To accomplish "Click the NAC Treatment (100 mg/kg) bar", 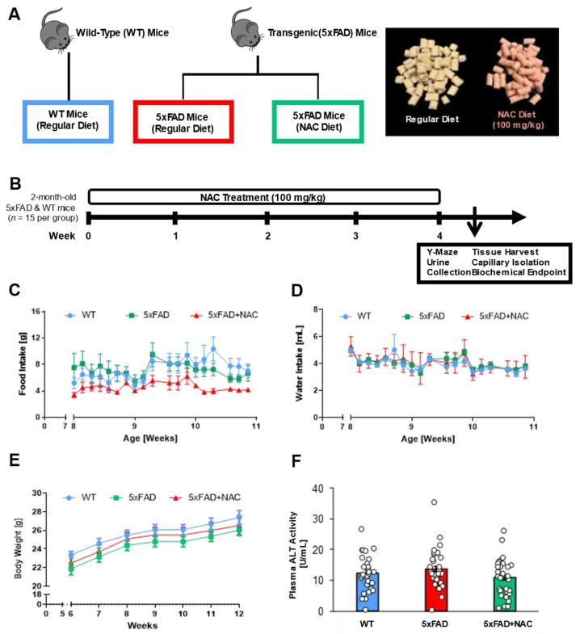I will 263,196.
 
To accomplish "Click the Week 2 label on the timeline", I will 266,237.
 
